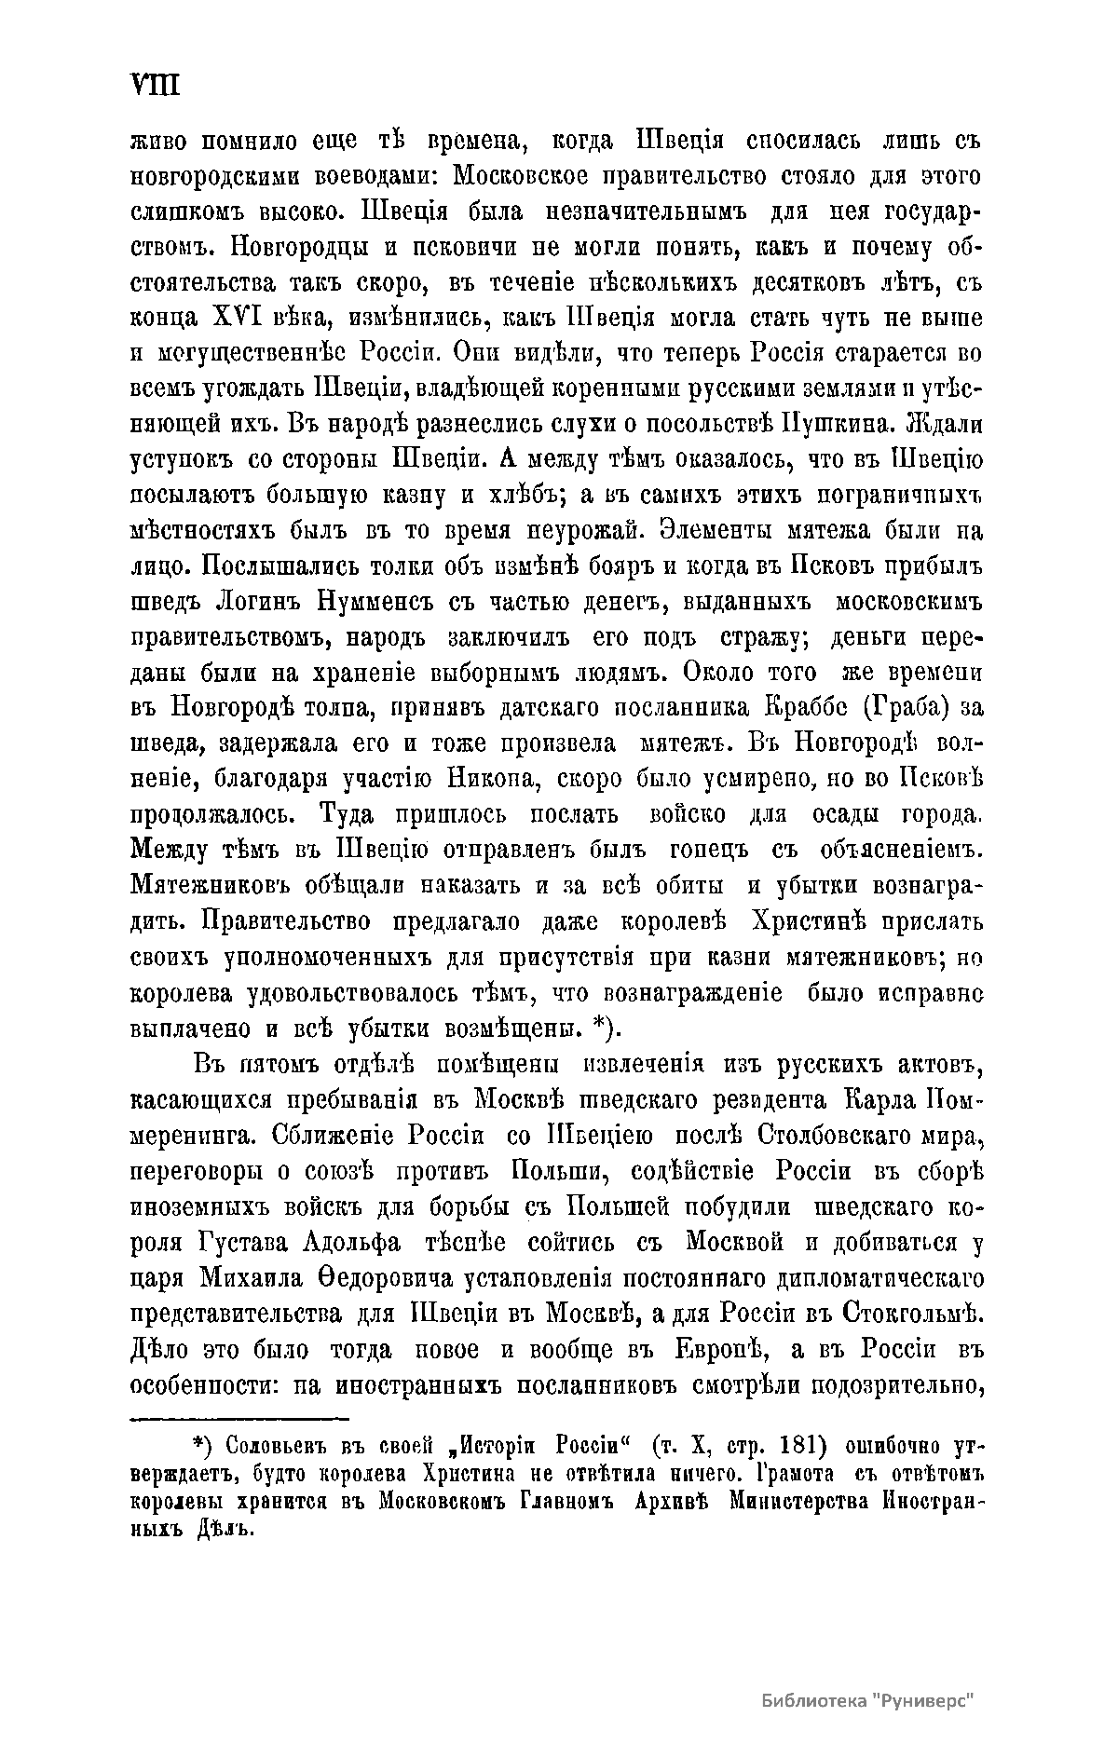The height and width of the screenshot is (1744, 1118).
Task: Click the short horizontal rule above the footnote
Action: tap(238, 1420)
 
